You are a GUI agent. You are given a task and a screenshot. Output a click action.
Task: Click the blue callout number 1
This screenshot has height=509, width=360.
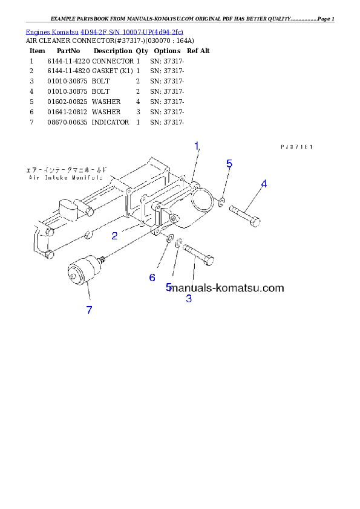tap(197, 146)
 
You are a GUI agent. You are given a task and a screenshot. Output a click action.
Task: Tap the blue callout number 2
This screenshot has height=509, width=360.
tap(114, 236)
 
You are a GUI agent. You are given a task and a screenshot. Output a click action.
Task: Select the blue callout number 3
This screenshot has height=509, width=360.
tap(189, 298)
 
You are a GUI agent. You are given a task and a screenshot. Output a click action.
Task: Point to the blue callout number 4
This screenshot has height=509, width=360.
tap(264, 183)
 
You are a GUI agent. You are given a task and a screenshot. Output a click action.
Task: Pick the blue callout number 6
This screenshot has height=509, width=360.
tap(152, 277)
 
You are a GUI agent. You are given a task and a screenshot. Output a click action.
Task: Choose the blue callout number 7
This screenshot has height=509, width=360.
tap(89, 310)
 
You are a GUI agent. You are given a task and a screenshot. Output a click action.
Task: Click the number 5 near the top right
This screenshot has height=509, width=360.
tap(229, 163)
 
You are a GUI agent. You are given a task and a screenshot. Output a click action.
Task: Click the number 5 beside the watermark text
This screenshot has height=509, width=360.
tap(169, 287)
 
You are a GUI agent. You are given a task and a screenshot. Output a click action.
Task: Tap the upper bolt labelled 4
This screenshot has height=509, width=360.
tap(244, 216)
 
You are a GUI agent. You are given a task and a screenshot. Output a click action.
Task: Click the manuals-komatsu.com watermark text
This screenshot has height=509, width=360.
tap(227, 288)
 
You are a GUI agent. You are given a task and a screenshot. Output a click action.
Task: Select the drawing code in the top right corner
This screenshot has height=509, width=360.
tap(296, 146)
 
